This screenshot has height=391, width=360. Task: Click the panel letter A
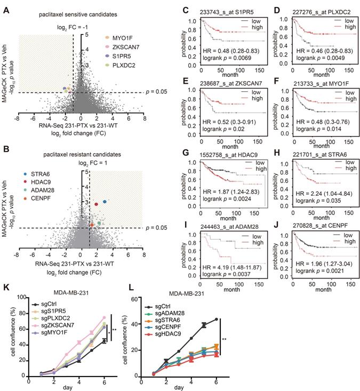[8, 9]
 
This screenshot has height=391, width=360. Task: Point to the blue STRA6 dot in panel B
[105, 202]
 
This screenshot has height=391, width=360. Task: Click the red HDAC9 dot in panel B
[96, 204]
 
